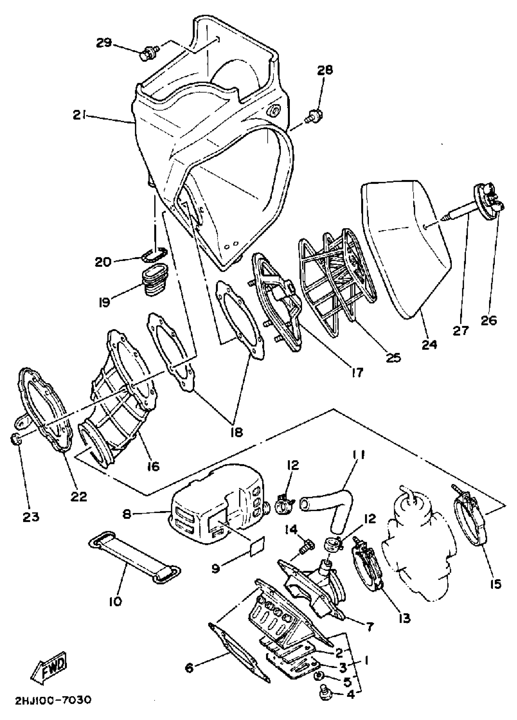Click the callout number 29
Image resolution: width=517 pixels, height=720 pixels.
click(104, 43)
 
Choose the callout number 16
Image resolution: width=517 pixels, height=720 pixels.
click(153, 466)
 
